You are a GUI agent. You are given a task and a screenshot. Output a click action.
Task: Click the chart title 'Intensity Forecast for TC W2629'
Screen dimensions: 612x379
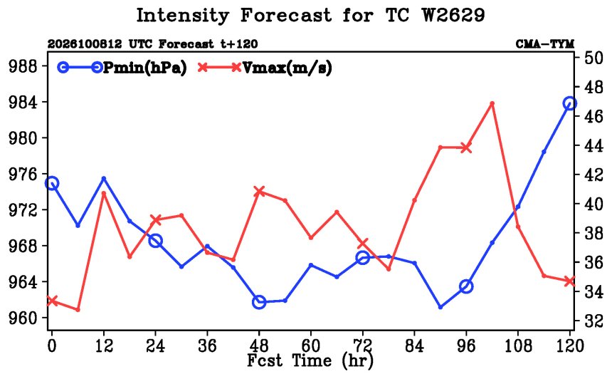pos(310,16)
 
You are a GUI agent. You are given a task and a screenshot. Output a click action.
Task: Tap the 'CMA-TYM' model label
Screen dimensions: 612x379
pos(545,44)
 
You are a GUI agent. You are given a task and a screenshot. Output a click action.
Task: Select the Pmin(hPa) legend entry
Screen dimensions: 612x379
pos(122,68)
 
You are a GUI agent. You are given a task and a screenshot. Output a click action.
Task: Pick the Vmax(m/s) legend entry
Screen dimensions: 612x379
pos(265,68)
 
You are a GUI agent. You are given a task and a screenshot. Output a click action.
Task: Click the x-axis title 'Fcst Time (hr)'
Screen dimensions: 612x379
pos(310,360)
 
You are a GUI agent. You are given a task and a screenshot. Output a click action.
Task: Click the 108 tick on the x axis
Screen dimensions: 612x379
pos(518,346)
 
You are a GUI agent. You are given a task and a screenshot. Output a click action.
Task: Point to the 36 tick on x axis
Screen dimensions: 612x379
pos(207,346)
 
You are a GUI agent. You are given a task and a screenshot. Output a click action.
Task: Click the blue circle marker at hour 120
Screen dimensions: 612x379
pos(570,103)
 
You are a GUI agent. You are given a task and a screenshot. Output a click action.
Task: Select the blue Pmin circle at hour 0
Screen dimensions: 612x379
pos(52,183)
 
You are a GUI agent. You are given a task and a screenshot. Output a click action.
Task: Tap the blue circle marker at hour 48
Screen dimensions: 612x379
pos(259,302)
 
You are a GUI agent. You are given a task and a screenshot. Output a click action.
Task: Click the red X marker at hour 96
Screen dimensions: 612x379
pos(466,147)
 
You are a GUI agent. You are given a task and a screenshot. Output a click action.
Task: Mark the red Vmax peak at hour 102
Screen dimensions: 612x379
pos(492,103)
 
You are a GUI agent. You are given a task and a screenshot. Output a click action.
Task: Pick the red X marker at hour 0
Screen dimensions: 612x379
pos(52,301)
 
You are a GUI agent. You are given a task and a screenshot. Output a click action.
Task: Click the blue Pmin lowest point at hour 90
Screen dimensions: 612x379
pos(440,307)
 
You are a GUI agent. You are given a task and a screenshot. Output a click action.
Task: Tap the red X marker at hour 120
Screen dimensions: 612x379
pos(570,281)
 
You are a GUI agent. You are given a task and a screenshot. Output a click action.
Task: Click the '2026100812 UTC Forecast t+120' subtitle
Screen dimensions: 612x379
pos(152,44)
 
